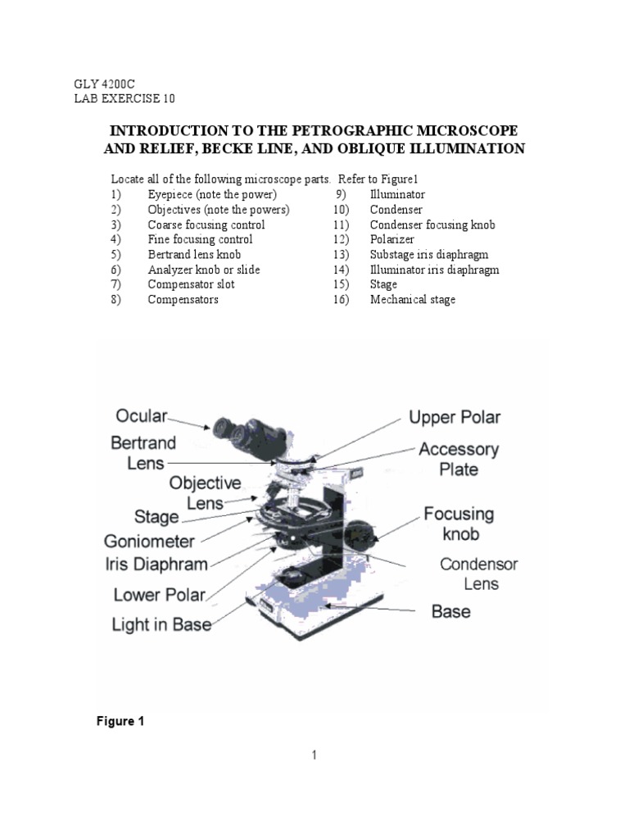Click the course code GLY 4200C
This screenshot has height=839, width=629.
tap(101, 84)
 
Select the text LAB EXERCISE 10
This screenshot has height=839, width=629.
tap(124, 98)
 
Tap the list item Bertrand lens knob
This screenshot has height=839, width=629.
tap(194, 254)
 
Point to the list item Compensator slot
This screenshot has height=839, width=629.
tap(191, 284)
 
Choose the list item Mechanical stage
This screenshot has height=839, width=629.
tap(412, 299)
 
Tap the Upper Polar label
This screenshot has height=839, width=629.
tap(455, 417)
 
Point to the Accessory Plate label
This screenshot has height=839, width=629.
tap(458, 459)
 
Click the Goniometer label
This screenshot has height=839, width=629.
tap(149, 541)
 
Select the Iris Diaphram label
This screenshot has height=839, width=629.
tap(156, 564)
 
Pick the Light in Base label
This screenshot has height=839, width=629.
tap(161, 624)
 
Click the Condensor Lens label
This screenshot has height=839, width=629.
tap(478, 574)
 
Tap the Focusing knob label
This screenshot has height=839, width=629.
tap(459, 524)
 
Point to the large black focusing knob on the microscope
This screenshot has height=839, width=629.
tap(367, 539)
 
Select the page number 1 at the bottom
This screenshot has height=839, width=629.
tap(313, 755)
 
